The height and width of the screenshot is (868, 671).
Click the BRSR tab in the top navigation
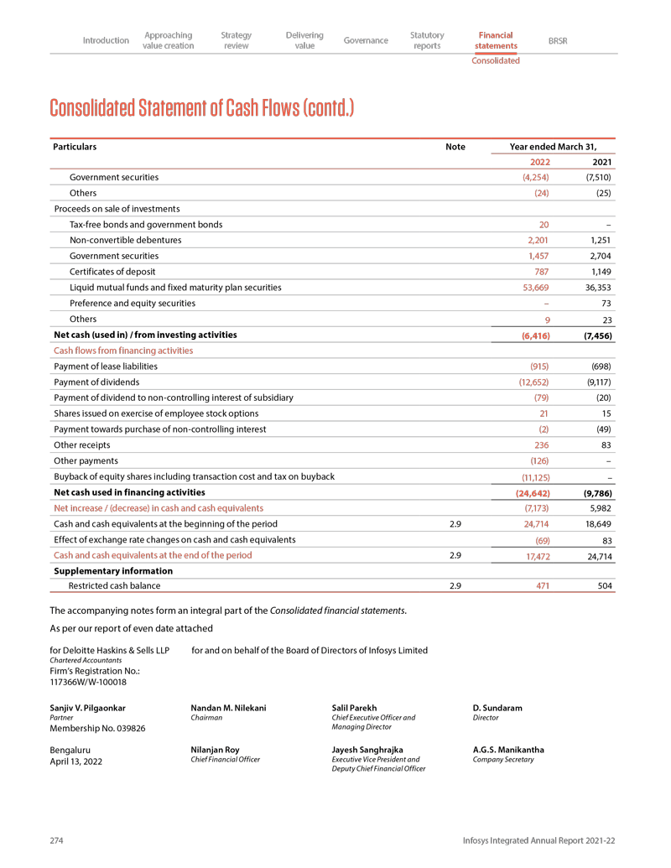[x=557, y=40]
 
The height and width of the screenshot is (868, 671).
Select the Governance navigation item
[x=366, y=40]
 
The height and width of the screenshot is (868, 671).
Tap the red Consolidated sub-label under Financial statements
[x=495, y=60]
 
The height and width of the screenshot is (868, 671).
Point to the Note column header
[x=455, y=147]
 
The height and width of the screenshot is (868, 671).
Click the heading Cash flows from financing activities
[x=123, y=351]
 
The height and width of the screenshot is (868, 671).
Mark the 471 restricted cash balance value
[x=541, y=585]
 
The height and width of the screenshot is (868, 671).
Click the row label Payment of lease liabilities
[x=106, y=366]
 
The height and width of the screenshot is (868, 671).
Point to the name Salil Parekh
[x=354, y=709]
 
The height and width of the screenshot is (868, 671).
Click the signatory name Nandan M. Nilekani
[x=229, y=709]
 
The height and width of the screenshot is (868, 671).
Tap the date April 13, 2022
[x=78, y=761]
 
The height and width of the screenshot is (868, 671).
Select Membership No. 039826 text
[x=98, y=729]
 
